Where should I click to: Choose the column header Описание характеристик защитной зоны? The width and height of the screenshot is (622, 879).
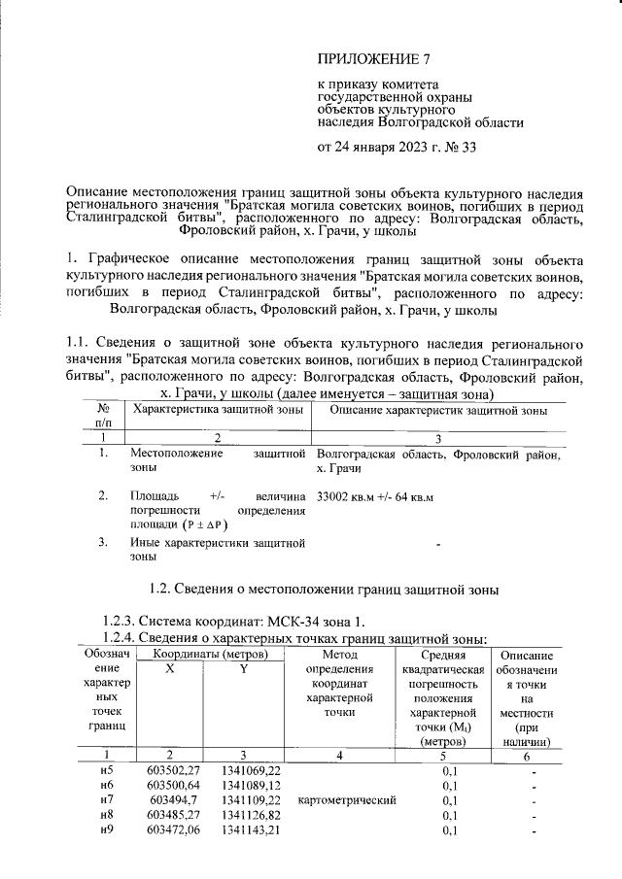[438, 411]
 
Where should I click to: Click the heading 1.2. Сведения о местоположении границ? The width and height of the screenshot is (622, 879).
[328, 589]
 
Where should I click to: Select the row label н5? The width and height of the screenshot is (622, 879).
[107, 769]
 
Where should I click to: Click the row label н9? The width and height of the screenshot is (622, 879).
[107, 831]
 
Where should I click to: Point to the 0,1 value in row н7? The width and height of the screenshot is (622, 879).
[449, 800]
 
